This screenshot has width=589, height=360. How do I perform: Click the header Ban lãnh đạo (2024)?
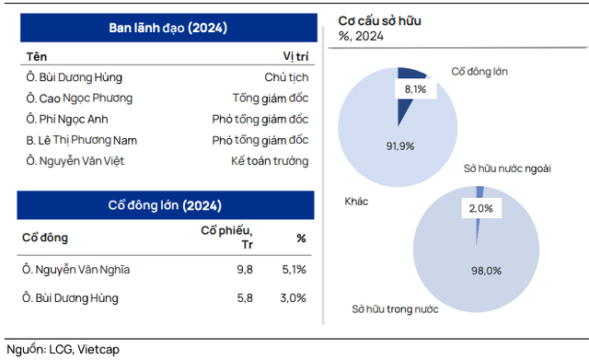point(167,28)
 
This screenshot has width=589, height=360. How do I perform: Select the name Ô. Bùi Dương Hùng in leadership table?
point(75,77)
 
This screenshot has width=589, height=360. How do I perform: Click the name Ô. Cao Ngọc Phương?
point(79,98)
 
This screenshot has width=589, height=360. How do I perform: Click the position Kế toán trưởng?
point(270,161)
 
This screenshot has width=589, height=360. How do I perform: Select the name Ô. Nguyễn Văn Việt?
point(76,161)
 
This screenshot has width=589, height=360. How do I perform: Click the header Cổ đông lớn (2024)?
point(167,205)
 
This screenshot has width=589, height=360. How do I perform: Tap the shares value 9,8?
point(245,270)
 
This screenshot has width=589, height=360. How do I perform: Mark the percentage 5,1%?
point(294,270)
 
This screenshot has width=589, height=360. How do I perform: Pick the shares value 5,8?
point(245,298)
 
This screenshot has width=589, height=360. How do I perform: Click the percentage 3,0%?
point(294,298)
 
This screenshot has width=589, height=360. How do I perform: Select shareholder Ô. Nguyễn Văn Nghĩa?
point(76,270)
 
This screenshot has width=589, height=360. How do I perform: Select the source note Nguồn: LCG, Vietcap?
point(64,350)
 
